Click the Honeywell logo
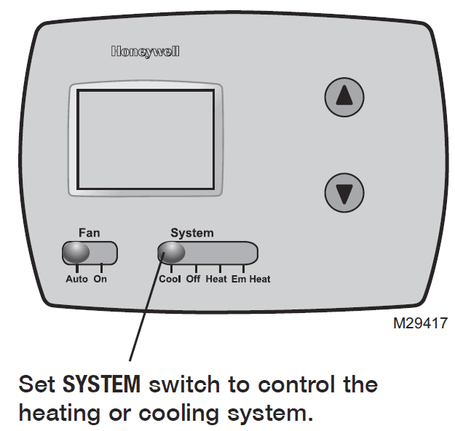click(145, 52)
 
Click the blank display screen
click(146, 141)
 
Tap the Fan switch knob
click(76, 253)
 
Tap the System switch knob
click(172, 253)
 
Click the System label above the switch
click(192, 233)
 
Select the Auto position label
click(76, 279)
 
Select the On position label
click(100, 279)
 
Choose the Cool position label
click(170, 279)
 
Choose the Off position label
click(193, 279)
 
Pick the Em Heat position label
click(251, 279)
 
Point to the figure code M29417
click(420, 322)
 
